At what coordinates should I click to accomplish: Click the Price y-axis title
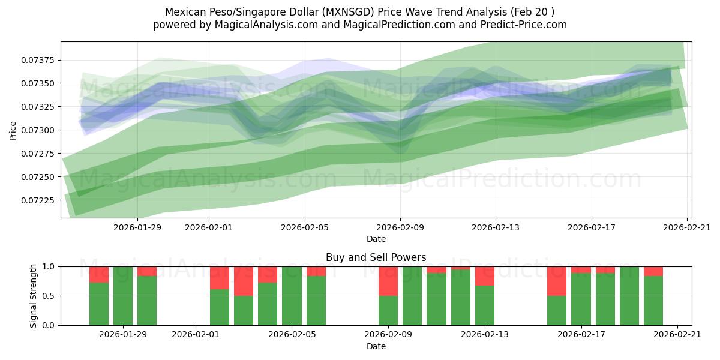tap(13, 130)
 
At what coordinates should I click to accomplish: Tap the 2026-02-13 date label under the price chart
tap(496, 227)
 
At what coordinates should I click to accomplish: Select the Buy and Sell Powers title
tap(376, 257)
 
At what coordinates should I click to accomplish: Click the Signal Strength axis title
tap(34, 296)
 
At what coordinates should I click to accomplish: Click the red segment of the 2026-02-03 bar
tap(244, 281)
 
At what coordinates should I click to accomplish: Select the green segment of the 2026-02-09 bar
tap(388, 310)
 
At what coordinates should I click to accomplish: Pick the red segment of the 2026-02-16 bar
tap(557, 281)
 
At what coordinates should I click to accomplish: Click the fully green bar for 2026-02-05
tap(292, 296)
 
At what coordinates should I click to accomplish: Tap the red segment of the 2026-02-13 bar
tap(485, 276)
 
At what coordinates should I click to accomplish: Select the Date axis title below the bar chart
tap(376, 346)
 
